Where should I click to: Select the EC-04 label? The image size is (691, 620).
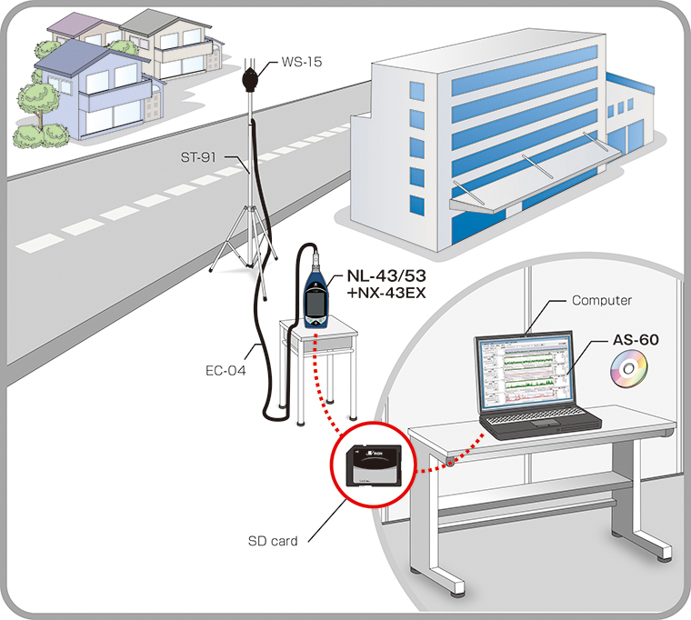coord(225,370)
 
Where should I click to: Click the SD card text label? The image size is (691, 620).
coord(272,541)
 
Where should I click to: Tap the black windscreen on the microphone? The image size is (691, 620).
coord(252,79)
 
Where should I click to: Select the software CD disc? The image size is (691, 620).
coord(626,370)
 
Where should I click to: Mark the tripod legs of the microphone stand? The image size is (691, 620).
coord(240,250)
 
